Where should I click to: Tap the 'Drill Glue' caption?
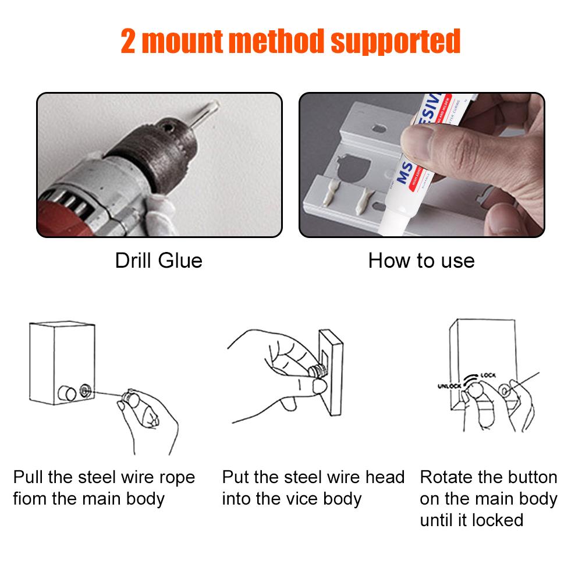pyautogui.click(x=158, y=260)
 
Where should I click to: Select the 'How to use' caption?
pyautogui.click(x=421, y=260)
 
